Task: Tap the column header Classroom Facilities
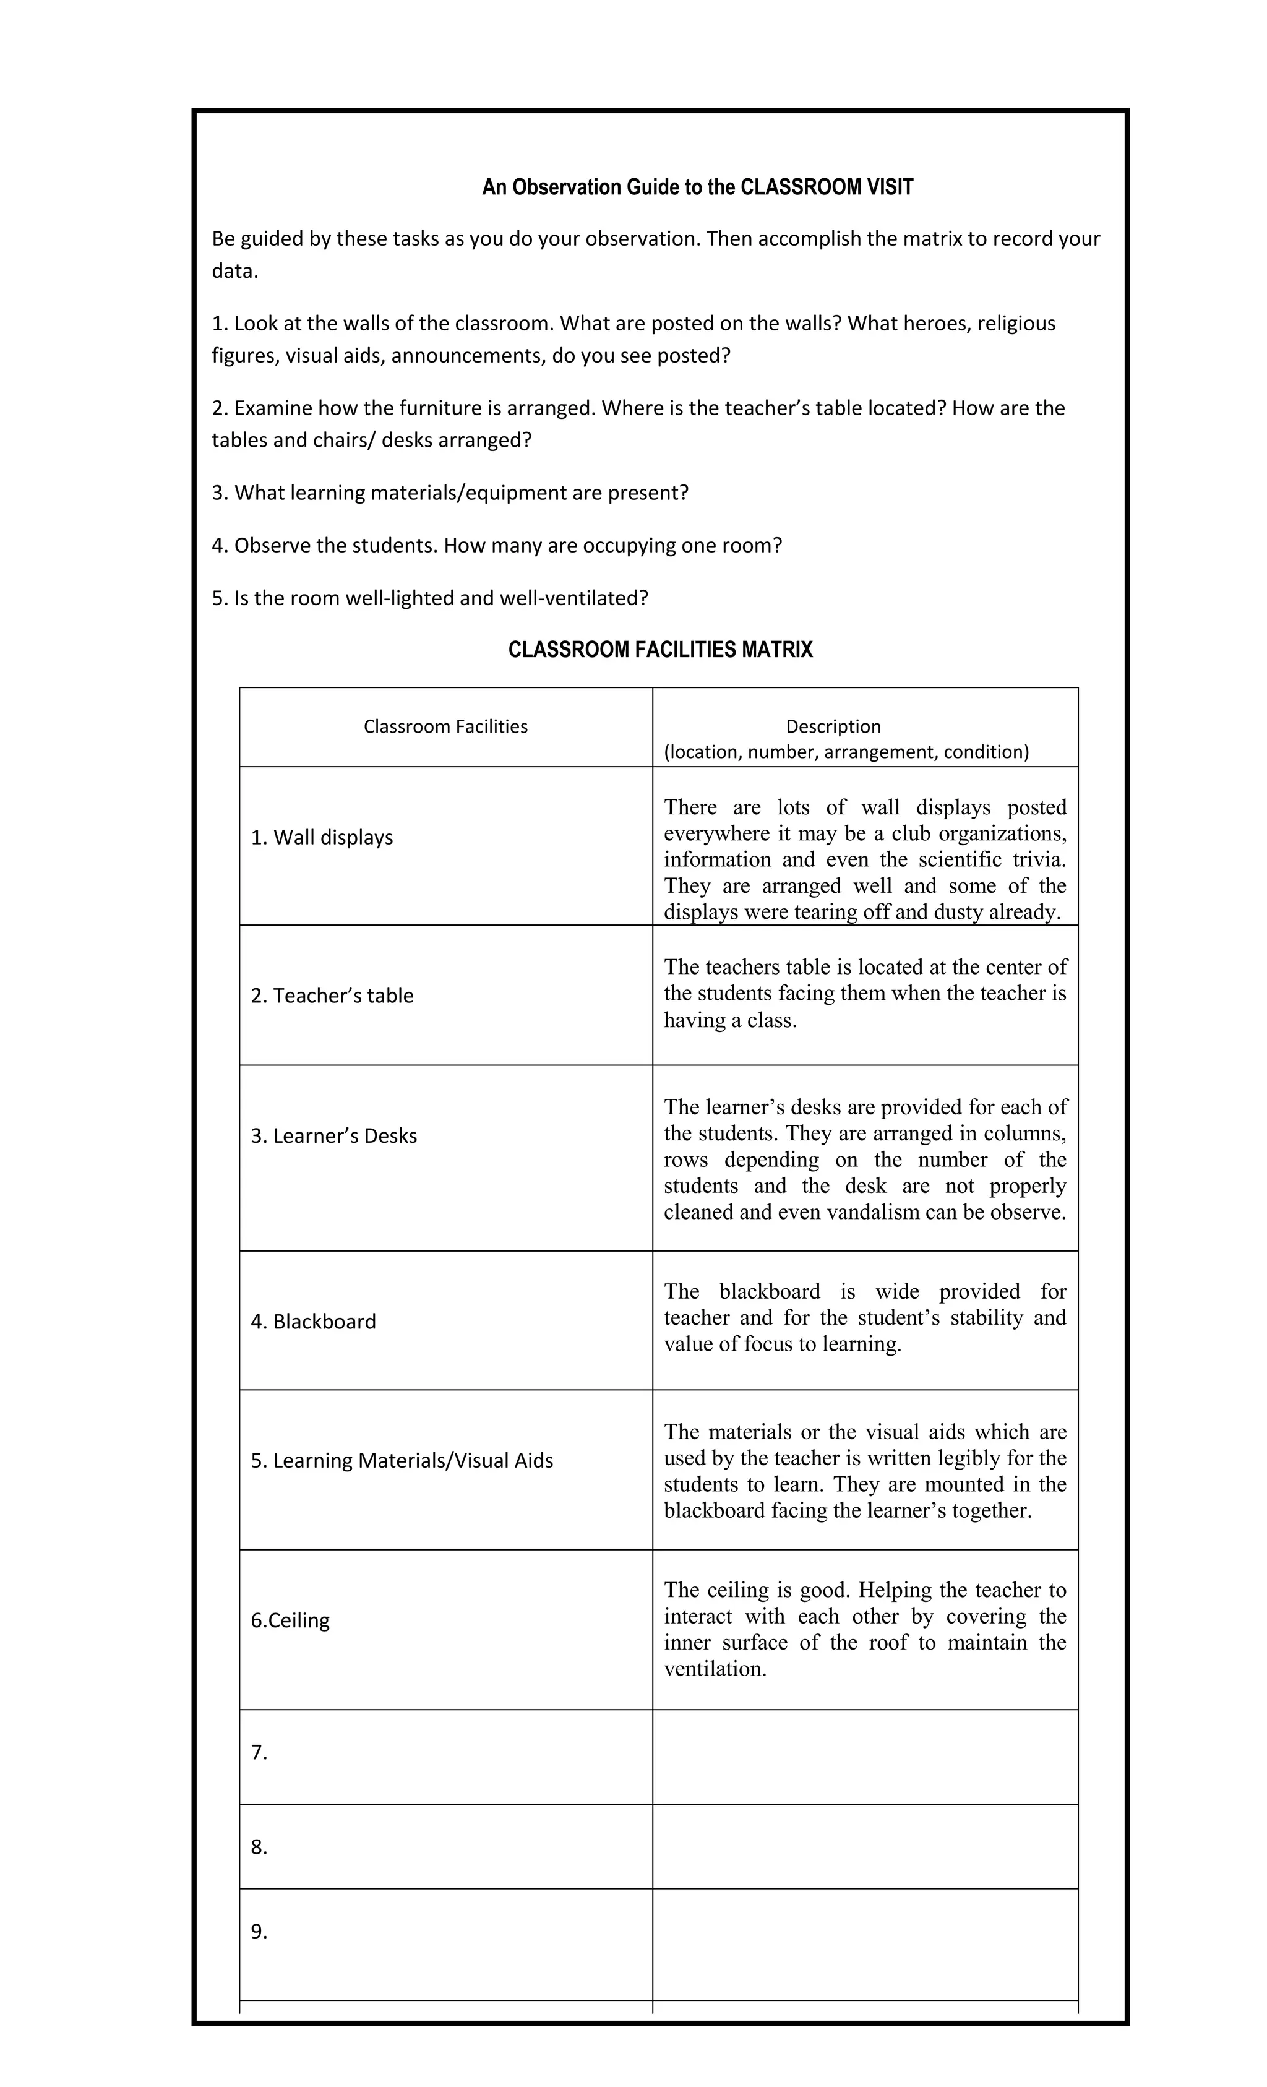(x=445, y=726)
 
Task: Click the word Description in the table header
(x=833, y=726)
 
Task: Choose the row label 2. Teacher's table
(x=332, y=995)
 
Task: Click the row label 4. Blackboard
(x=314, y=1322)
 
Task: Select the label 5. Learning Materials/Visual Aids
(x=402, y=1460)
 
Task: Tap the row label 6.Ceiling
(x=290, y=1620)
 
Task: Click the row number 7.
(x=259, y=1752)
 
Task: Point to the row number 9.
(x=259, y=1931)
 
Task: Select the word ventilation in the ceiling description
(x=714, y=1669)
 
